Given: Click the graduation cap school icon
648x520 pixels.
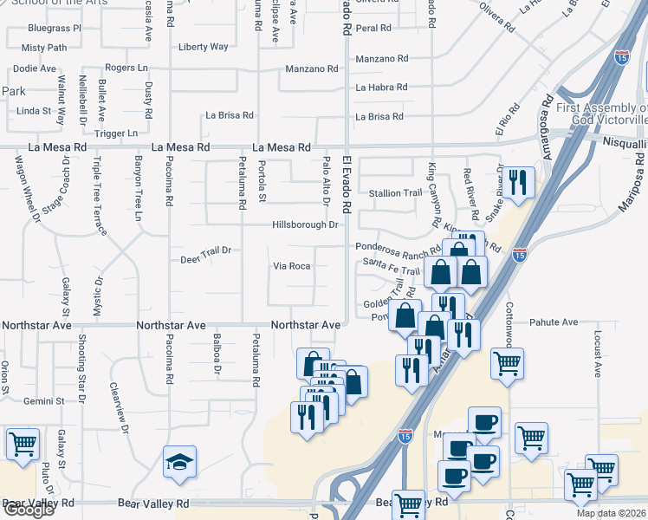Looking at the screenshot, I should click(179, 462).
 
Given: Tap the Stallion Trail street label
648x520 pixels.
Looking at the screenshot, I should click(395, 193).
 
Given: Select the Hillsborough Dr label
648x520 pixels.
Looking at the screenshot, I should click(304, 224).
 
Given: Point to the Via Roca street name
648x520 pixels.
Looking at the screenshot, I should click(291, 266).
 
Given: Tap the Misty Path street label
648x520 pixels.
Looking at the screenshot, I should click(44, 48).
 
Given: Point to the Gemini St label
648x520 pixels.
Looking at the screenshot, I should click(44, 401).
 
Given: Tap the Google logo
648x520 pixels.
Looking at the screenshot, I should click(29, 510).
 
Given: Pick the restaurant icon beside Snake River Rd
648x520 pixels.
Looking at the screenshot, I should click(519, 182).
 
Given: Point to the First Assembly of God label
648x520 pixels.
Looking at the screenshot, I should click(601, 113).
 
